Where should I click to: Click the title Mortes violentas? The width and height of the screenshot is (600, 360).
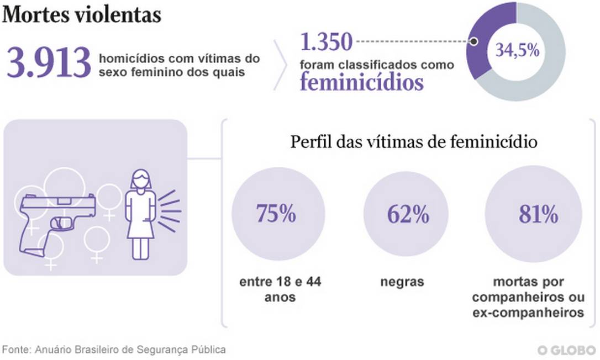[82, 15]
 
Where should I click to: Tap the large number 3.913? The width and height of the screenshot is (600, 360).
[49, 62]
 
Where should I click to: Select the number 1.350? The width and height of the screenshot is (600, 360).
[326, 41]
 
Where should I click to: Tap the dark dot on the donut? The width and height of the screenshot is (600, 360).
[473, 41]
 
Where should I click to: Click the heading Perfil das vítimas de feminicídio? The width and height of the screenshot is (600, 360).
[414, 142]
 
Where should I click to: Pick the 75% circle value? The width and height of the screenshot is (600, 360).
[276, 214]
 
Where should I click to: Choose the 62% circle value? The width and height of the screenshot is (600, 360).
[408, 214]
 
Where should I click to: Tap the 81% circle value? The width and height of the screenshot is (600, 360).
[538, 214]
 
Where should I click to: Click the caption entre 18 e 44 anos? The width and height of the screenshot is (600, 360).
[280, 289]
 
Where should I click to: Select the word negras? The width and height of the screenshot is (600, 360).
[402, 282]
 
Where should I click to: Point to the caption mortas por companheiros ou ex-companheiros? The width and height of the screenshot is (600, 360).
[528, 298]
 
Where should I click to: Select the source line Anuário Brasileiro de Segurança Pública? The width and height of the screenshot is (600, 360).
[114, 350]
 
